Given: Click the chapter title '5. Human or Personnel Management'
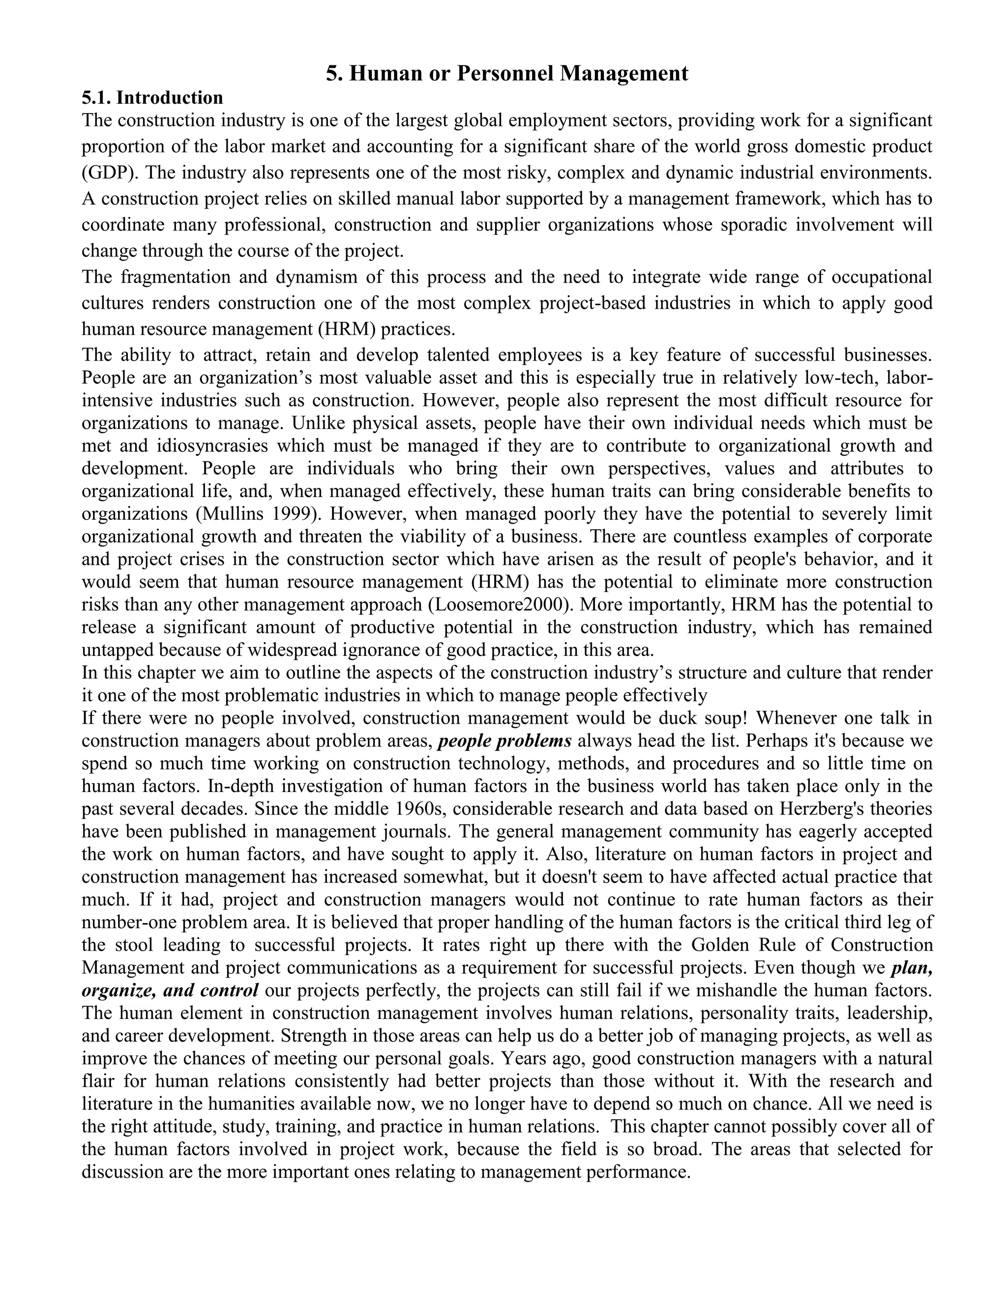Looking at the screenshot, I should (506, 73).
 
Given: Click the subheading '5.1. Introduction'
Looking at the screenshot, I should (152, 98).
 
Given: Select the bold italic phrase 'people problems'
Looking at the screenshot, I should (504, 741).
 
